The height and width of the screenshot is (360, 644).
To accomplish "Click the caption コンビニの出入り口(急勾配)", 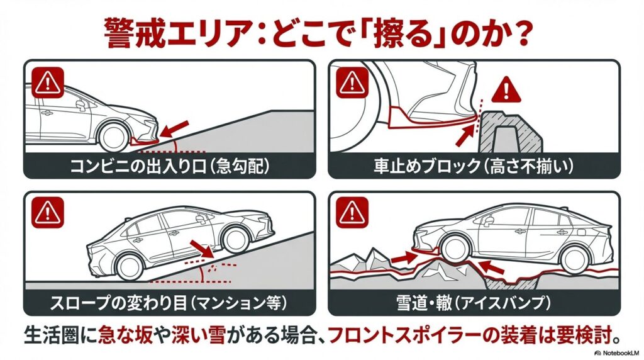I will coord(169,167).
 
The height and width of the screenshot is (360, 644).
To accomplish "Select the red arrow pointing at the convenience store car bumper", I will coord(173,129).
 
